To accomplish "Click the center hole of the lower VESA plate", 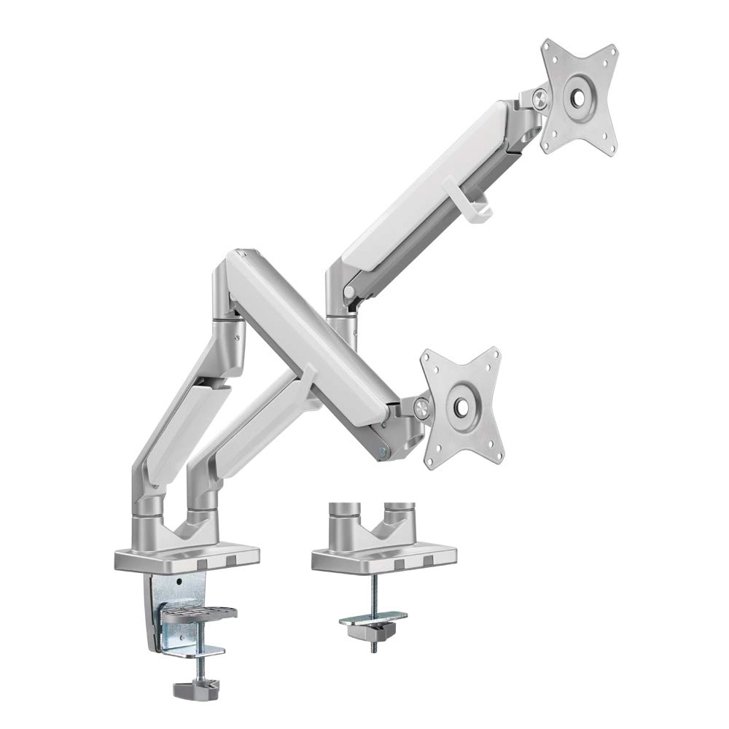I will pyautogui.click(x=461, y=406).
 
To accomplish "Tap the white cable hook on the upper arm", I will pyautogui.click(x=483, y=201).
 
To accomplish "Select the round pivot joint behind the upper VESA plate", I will pyautogui.click(x=538, y=97).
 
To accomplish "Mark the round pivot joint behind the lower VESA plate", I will pyautogui.click(x=421, y=407).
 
